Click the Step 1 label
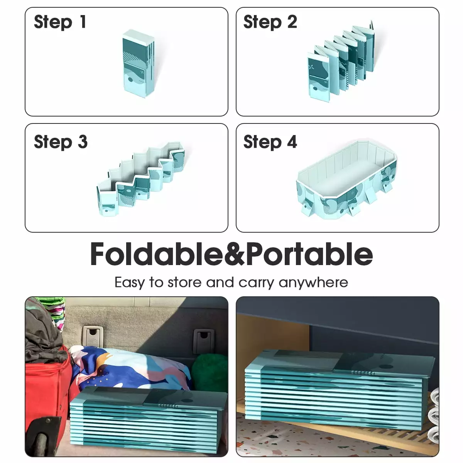click(60, 22)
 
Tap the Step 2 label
click(270, 22)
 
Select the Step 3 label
click(61, 142)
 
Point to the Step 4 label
click(270, 142)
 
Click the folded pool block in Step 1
click(139, 64)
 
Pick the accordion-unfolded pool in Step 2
click(341, 61)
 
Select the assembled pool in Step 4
click(346, 180)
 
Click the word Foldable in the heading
click(157, 254)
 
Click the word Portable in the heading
click(309, 254)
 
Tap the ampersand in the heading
click(235, 254)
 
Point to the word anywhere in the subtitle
click(313, 282)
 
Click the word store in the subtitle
click(184, 282)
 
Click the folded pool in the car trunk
click(149, 422)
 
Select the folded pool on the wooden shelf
click(340, 390)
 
